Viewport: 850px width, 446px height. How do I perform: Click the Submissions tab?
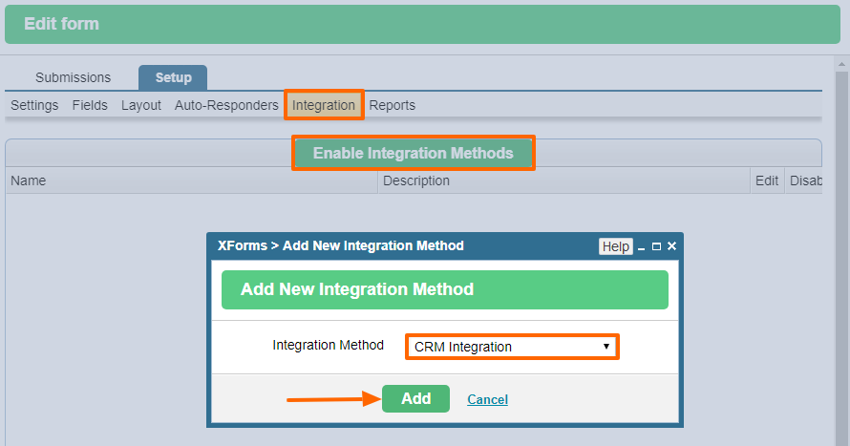click(74, 77)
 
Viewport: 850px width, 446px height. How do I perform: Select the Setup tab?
click(173, 77)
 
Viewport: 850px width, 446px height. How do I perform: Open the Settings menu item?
click(34, 105)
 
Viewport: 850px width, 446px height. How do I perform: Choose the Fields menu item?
click(90, 105)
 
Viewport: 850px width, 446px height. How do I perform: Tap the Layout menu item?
click(141, 105)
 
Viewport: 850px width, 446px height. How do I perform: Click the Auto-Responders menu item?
click(226, 105)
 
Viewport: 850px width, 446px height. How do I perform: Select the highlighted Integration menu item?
click(324, 105)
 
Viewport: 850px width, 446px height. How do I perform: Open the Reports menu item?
click(392, 105)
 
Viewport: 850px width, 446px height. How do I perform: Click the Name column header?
click(29, 181)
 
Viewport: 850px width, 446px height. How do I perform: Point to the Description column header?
click(416, 181)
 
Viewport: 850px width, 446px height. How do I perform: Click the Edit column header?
click(767, 181)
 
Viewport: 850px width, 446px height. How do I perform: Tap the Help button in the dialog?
click(616, 246)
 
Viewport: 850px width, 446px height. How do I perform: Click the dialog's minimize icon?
click(641, 248)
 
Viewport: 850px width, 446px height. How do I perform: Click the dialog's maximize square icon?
click(656, 246)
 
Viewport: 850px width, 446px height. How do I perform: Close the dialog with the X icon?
click(671, 246)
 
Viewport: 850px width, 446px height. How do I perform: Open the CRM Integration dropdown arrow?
click(606, 347)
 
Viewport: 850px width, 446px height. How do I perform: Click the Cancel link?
click(487, 399)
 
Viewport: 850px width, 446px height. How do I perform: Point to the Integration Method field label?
click(328, 345)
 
